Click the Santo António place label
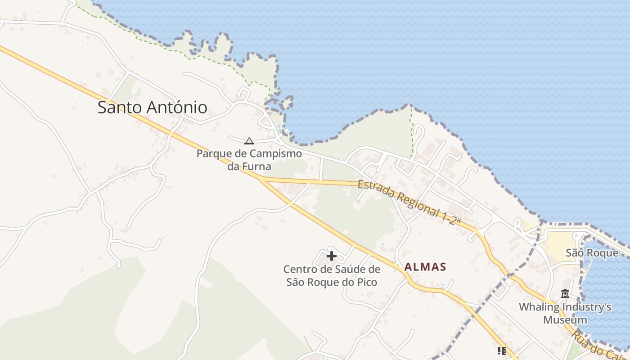point(152,108)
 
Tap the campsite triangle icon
point(249,141)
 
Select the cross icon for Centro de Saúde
point(332,256)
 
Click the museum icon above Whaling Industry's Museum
point(565,294)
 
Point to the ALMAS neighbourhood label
point(425,267)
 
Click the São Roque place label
point(592,253)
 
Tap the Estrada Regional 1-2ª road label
point(409,202)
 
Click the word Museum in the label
point(565,320)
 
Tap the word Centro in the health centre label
point(299,270)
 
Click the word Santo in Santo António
point(119,108)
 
